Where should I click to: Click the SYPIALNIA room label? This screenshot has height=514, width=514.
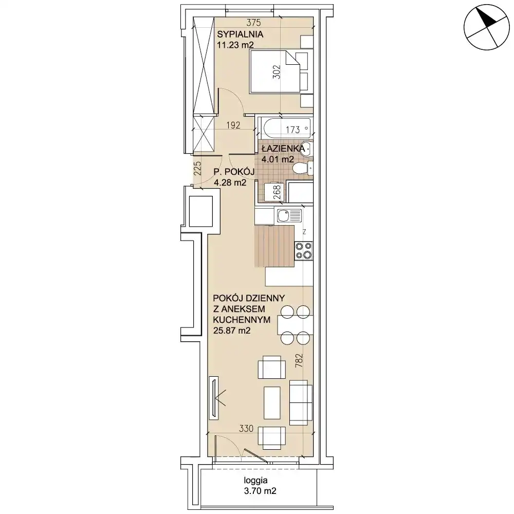240,34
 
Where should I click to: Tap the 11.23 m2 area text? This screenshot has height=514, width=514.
235,45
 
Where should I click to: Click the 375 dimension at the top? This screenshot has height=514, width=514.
253,23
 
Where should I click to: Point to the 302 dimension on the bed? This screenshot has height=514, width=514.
277,72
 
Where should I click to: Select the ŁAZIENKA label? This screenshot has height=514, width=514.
283,149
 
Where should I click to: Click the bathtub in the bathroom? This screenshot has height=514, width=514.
285,128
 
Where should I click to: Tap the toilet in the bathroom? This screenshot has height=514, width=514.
303,169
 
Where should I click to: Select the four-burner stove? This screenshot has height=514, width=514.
304,251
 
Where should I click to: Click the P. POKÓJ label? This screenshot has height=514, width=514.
234,172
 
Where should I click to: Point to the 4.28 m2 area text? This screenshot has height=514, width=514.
230,182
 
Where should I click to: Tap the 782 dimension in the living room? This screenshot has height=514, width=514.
299,360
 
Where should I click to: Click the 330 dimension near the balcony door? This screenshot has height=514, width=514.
246,429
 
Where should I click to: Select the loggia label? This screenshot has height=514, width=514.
255,481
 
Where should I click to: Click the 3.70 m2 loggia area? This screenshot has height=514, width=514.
260,491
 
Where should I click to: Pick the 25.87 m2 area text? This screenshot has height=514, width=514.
232,331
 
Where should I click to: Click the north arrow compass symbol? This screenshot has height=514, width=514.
487,27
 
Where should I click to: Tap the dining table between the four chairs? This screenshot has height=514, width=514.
296,325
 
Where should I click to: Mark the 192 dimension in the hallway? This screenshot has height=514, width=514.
233,125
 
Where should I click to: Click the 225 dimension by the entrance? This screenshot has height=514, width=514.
197,169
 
